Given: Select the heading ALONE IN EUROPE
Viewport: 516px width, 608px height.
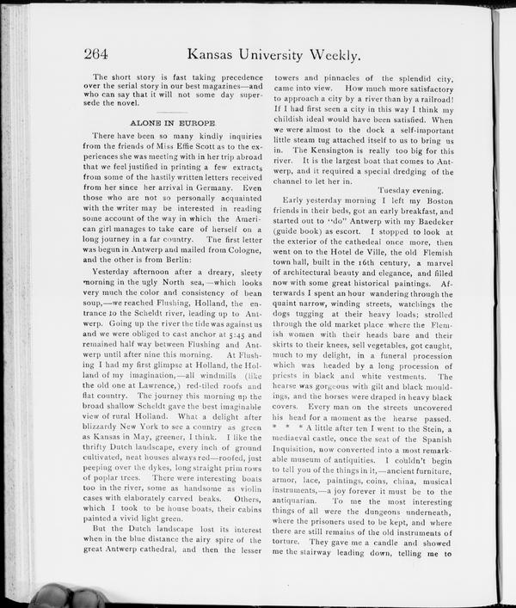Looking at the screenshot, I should click(173, 124).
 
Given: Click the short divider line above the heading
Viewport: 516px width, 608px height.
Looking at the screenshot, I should click(172, 110).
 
